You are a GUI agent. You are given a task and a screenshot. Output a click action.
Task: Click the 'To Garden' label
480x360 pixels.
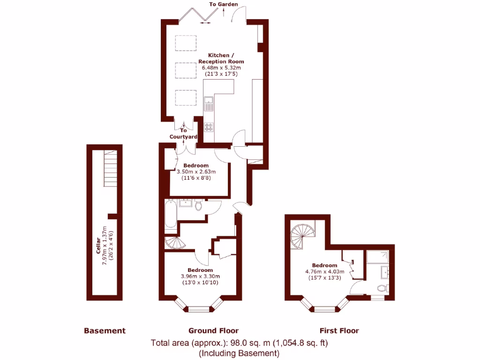click(x=224, y=4)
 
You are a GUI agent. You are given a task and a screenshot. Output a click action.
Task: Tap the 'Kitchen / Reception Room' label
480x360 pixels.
click(x=221, y=59)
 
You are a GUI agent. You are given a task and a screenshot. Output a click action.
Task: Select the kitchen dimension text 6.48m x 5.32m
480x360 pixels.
click(x=221, y=68)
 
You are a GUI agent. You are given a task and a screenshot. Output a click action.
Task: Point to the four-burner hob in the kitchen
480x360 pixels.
click(x=209, y=127)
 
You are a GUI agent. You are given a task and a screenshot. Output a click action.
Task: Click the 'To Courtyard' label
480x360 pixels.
click(x=183, y=134)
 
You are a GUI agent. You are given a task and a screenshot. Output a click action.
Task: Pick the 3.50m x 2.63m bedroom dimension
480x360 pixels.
click(x=196, y=172)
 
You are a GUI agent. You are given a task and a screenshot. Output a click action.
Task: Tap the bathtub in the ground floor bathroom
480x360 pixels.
click(x=171, y=216)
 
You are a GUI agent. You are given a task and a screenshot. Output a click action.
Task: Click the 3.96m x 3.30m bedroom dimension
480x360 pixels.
click(x=200, y=276)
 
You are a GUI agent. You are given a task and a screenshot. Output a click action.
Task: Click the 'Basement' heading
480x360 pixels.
click(x=105, y=331)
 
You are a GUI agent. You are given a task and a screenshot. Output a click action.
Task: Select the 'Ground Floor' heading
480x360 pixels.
click(x=213, y=331)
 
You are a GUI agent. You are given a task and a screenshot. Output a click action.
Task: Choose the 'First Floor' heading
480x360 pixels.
click(x=339, y=331)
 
